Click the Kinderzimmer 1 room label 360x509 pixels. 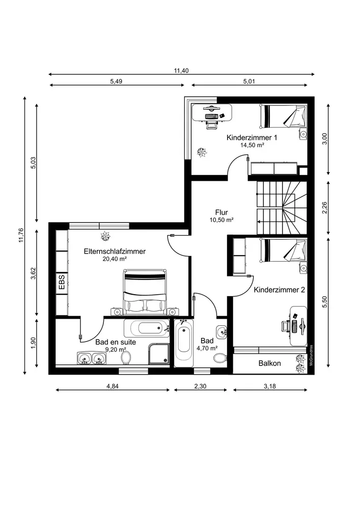[x=252, y=137]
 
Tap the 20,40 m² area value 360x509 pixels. [x=114, y=259]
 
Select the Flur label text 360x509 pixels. [x=221, y=213]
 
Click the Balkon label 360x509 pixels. [x=269, y=363]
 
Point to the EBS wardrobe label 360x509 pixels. [x=62, y=282]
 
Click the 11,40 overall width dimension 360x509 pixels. [x=181, y=70]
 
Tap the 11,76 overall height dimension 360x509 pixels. [x=21, y=235]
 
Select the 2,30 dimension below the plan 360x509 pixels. [x=200, y=386]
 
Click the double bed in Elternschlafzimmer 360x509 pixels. [x=145, y=292]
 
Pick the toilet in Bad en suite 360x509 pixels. [x=126, y=358]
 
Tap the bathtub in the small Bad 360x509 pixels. [x=183, y=343]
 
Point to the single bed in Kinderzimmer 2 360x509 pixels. [x=283, y=250]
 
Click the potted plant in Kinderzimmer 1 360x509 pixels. [x=202, y=152]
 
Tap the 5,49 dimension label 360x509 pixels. [x=116, y=81]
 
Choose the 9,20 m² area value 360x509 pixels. [x=116, y=350]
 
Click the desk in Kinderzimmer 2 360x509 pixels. [x=298, y=326]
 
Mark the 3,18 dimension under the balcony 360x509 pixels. [x=270, y=386]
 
